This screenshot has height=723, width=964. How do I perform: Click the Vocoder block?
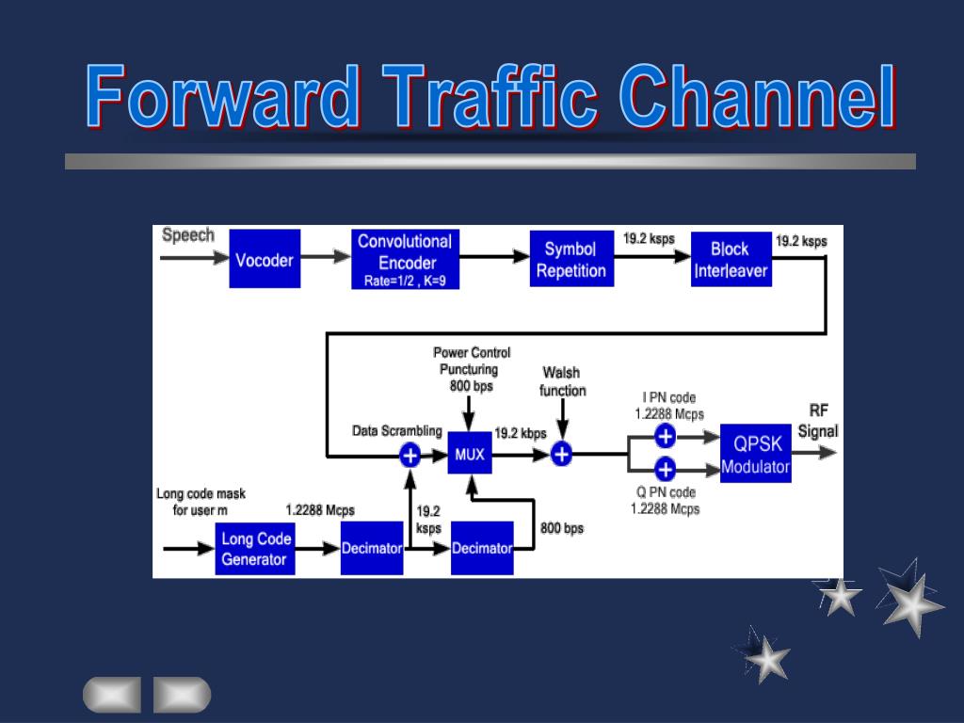[x=265, y=259]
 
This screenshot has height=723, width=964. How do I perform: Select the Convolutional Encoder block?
[x=405, y=259]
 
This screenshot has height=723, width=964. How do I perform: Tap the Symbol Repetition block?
[x=570, y=259]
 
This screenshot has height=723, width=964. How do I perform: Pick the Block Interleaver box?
[x=731, y=259]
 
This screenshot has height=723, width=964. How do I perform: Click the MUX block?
[x=469, y=455]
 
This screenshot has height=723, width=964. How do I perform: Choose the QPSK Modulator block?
[x=755, y=454]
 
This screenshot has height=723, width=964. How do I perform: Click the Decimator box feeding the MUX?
[x=482, y=548]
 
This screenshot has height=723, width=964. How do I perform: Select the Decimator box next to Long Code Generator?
[x=371, y=548]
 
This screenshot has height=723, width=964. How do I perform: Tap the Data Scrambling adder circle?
[x=410, y=456]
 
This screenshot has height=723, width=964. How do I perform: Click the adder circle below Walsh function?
[x=561, y=455]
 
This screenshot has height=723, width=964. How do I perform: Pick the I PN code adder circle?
[x=666, y=436]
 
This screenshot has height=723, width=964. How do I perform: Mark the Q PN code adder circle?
[x=666, y=469]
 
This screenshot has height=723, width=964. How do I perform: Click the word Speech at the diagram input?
[x=188, y=235]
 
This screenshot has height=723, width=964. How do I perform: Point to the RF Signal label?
[x=818, y=421]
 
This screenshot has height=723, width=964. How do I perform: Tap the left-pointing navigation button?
[x=111, y=695]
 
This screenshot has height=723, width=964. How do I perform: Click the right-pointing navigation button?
[x=182, y=695]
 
